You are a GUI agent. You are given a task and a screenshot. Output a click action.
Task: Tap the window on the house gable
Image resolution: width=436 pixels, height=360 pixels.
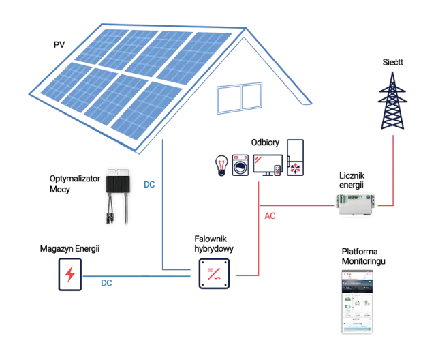coord(238,98)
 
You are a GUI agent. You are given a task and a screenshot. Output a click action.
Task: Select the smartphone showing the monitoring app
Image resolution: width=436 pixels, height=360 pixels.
coord(357,301)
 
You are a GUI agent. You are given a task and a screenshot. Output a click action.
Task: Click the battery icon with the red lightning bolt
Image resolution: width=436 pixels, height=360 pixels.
coord(70,275)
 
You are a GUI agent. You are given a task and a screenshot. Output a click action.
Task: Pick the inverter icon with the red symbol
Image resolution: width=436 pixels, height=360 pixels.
coord(215,275)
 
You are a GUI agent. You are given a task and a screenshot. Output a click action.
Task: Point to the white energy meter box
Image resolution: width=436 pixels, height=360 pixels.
coord(356,203)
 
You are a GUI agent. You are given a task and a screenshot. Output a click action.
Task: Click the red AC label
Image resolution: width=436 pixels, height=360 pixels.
coord(270,217)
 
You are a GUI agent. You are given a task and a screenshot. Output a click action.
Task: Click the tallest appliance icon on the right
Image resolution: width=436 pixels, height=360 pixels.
coord(296,158)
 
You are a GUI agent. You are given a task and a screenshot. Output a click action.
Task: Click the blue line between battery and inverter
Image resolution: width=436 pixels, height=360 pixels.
coord(136,275)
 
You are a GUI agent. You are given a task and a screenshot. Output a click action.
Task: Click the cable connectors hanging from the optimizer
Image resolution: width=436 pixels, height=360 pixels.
coord(115,211)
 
